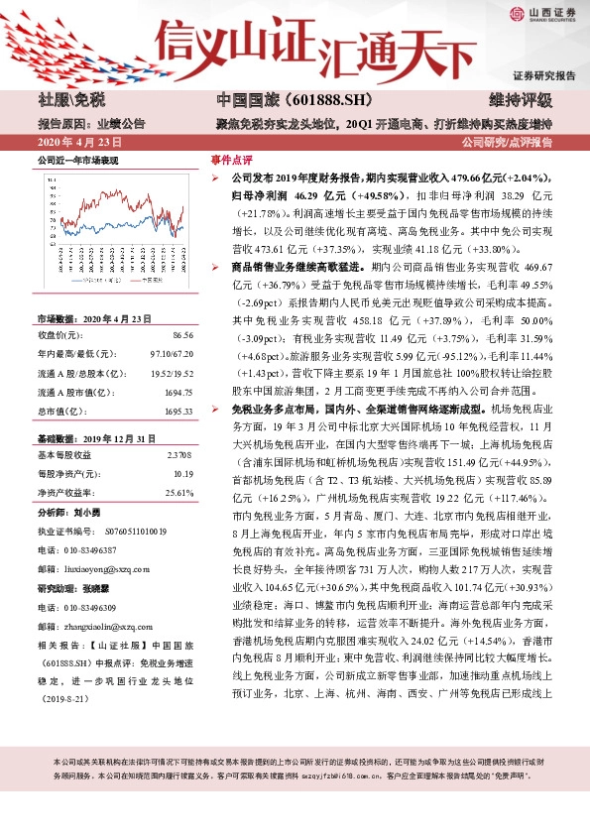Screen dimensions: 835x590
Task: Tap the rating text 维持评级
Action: click(x=520, y=101)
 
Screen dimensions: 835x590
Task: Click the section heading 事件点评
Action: click(x=231, y=159)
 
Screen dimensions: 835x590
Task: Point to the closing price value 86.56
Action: click(x=179, y=336)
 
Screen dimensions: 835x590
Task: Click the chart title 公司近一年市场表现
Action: click(x=77, y=160)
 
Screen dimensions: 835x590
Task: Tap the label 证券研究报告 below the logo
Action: click(x=544, y=75)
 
